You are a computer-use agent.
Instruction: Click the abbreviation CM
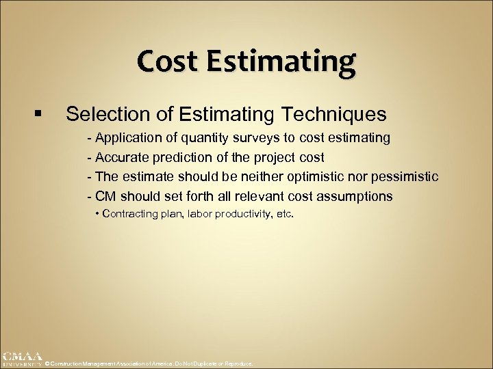pos(105,196)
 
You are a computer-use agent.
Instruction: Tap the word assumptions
pos(355,196)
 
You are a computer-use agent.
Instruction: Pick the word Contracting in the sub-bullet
pos(134,214)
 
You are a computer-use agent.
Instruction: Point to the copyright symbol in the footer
pos(47,364)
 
